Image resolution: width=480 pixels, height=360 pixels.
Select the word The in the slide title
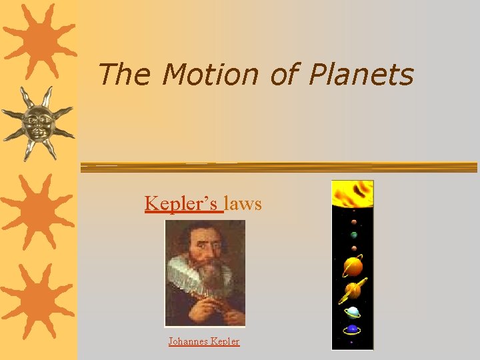click(x=125, y=75)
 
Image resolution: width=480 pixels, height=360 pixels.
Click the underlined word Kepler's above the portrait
click(x=183, y=203)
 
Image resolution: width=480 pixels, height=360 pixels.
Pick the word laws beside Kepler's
click(x=243, y=203)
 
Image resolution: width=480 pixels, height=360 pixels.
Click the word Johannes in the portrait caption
click(x=188, y=341)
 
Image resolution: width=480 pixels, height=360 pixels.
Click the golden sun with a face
click(x=39, y=123)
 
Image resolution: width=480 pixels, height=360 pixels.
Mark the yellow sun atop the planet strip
click(x=353, y=193)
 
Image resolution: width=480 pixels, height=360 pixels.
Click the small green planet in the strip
click(x=353, y=235)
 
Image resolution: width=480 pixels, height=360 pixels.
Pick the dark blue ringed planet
click(x=353, y=329)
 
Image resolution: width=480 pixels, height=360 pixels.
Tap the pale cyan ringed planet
click(x=353, y=311)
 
